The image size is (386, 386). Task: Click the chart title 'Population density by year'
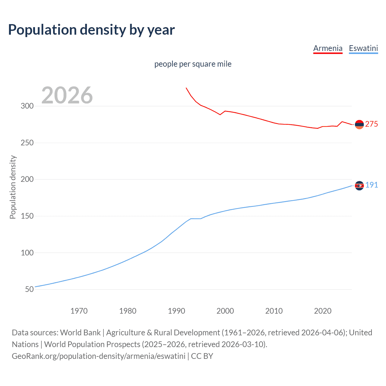[x=91, y=30]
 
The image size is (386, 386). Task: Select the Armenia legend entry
[x=328, y=48]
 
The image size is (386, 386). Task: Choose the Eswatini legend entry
[x=363, y=48]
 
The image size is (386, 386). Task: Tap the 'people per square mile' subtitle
[x=193, y=64]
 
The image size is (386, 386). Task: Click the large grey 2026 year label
[x=67, y=95]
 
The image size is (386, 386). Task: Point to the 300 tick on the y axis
[x=27, y=106]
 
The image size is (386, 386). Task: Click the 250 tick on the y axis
[x=27, y=143]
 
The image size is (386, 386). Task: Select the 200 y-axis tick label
[x=27, y=179]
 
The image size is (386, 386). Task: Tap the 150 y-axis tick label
[x=27, y=216]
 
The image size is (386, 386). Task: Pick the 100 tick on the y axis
[x=27, y=253]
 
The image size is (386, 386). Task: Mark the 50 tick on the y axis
[x=29, y=289]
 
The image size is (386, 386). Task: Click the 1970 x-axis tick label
[x=79, y=311]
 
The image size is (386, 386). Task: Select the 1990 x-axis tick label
[x=176, y=311]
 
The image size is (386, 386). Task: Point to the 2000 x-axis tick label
[x=225, y=311]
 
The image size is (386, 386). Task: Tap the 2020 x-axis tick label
[x=323, y=311]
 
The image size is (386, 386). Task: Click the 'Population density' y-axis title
[x=13, y=187]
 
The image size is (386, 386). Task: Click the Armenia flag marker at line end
[x=359, y=124]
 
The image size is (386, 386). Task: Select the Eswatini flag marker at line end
[x=359, y=185]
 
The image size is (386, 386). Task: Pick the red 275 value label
[x=372, y=124]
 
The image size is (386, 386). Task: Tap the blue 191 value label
[x=372, y=185]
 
